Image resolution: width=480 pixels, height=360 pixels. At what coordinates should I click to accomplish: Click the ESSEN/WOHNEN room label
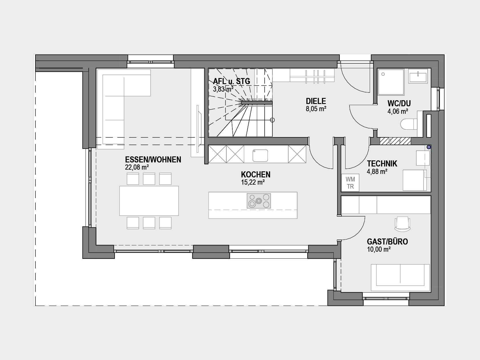tap(153, 160)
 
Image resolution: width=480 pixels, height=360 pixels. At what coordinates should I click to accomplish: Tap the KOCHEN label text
tap(256, 175)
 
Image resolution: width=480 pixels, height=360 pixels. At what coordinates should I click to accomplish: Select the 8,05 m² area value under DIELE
tap(316, 109)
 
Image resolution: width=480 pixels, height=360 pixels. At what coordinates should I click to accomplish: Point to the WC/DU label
tap(399, 103)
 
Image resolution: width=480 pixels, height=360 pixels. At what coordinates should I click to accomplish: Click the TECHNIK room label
tap(382, 164)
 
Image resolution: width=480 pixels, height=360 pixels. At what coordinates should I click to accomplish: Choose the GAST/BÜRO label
tap(387, 242)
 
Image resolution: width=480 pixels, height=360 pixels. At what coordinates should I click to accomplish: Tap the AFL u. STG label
tap(232, 82)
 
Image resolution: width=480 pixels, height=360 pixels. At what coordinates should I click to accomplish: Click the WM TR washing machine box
tap(350, 183)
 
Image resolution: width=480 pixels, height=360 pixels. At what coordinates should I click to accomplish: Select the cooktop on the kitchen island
tap(259, 201)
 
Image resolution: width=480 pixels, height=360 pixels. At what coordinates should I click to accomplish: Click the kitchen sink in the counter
tap(260, 156)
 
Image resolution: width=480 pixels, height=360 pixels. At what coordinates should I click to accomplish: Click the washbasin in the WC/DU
tap(418, 76)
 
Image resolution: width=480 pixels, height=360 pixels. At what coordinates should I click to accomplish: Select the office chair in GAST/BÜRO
tap(402, 224)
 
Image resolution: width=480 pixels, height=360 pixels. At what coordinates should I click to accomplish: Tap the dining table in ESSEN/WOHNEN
tap(149, 201)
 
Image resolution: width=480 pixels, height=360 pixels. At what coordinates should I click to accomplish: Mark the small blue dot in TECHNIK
tap(429, 147)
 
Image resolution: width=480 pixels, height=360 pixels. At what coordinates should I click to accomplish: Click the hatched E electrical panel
tap(395, 141)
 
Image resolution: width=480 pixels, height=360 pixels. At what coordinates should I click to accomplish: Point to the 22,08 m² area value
tap(137, 167)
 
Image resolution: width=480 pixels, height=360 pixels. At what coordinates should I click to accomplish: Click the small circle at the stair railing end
tap(272, 120)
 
